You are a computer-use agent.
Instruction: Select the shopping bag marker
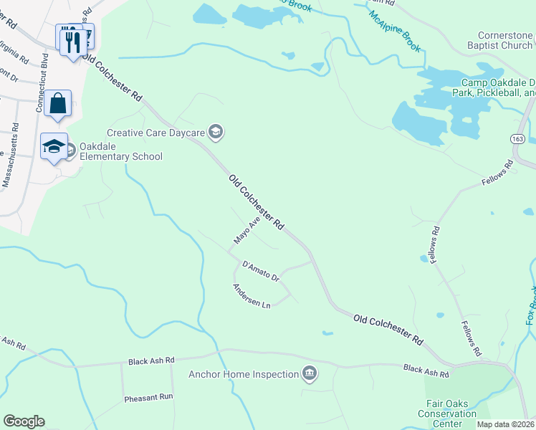(x=57, y=104)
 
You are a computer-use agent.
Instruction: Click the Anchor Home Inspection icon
(x=310, y=373)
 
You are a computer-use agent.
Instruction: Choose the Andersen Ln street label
(x=251, y=296)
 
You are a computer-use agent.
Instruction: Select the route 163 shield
(x=520, y=139)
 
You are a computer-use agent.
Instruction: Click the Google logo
(x=24, y=421)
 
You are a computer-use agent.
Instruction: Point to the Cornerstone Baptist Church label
(x=506, y=41)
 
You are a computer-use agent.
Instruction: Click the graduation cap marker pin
(x=54, y=147)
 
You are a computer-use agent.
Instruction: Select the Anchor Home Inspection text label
(x=243, y=374)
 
